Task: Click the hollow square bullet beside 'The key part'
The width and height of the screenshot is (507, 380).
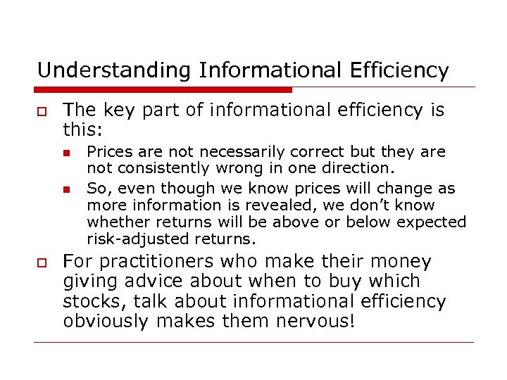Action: (x=42, y=111)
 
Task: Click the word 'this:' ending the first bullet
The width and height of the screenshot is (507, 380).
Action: (x=84, y=130)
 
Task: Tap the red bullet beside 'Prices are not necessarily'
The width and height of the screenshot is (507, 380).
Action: (x=65, y=152)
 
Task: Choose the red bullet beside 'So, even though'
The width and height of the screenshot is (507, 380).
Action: (x=65, y=189)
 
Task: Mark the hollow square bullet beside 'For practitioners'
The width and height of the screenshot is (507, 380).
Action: (x=42, y=262)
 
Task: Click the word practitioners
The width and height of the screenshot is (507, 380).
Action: (x=159, y=262)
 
